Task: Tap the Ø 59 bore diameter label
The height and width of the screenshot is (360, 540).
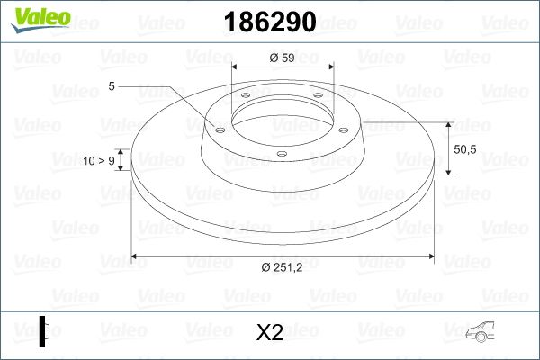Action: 283,58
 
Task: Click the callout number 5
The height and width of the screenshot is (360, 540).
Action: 112,86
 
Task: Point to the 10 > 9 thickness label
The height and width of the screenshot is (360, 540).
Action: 99,160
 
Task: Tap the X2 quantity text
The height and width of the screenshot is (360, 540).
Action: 270,333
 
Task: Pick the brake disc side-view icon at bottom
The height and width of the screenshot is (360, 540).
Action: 44,331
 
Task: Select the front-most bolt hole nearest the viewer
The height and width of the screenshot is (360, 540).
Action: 281,154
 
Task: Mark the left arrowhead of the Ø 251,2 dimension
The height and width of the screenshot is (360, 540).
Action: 136,256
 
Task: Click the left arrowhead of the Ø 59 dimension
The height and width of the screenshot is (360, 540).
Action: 236,67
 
